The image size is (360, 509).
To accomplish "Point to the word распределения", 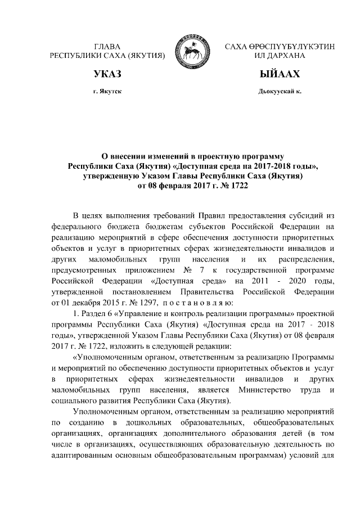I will (x=307, y=259).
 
